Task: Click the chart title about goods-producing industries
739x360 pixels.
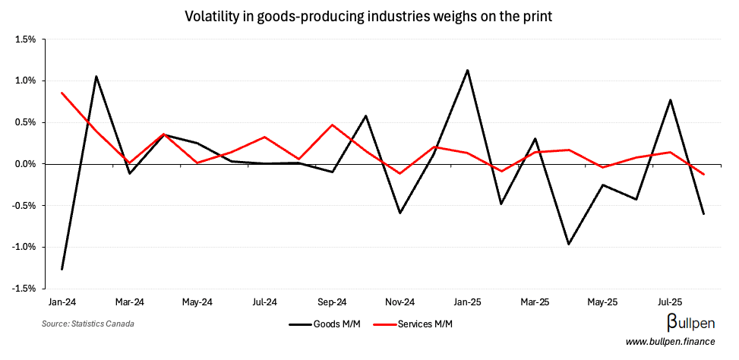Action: (369, 16)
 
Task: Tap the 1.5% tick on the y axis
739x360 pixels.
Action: (25, 39)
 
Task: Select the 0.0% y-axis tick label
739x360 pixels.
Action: (25, 164)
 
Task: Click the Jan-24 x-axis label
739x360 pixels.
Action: (62, 302)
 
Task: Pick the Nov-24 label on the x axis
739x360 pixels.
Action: (400, 302)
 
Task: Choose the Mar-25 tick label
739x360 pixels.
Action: (535, 302)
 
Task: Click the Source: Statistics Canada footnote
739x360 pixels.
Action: (90, 324)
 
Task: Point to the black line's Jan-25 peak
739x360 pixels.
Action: (467, 70)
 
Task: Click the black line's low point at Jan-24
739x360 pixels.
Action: (62, 269)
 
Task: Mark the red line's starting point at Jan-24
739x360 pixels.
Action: (62, 93)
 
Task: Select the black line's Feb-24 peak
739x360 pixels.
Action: (96, 76)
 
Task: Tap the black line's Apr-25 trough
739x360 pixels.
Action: (569, 245)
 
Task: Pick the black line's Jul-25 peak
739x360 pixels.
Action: (670, 99)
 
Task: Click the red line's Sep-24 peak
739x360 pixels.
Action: (332, 125)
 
